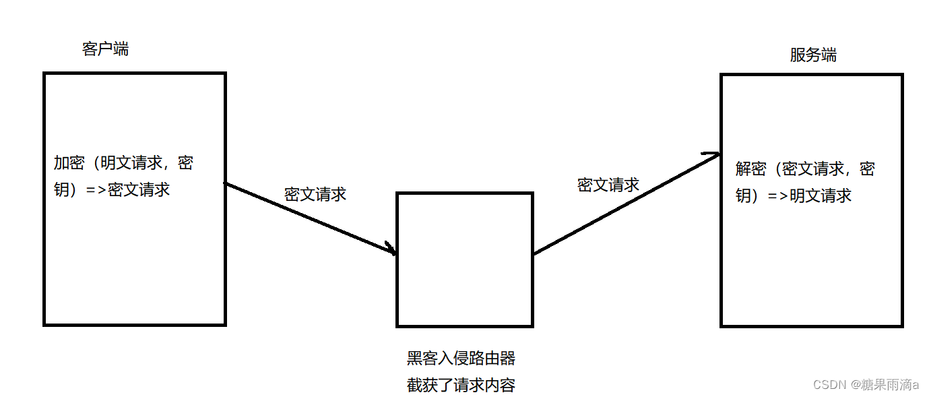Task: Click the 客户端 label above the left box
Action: click(105, 49)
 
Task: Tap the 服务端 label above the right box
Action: click(813, 55)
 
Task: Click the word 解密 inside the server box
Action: click(752, 169)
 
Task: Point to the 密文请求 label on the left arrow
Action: click(315, 194)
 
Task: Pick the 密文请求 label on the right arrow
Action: click(608, 185)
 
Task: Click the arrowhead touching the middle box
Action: click(390, 249)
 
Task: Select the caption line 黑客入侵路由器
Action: click(461, 358)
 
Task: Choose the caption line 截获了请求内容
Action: click(461, 386)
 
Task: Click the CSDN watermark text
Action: click(829, 385)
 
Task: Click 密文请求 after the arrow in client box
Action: click(139, 190)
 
